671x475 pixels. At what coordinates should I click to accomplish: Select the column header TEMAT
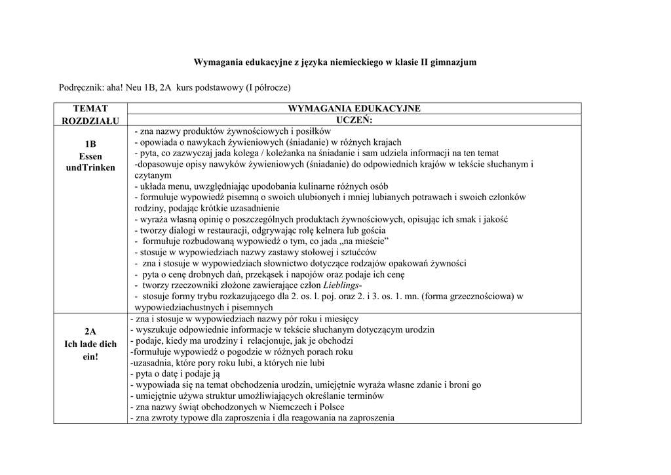pyautogui.click(x=90, y=108)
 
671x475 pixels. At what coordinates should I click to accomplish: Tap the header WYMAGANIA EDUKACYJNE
pyautogui.click(x=355, y=108)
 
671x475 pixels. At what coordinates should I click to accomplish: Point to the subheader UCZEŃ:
pyautogui.click(x=355, y=120)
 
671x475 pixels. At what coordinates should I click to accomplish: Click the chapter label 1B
pyautogui.click(x=90, y=144)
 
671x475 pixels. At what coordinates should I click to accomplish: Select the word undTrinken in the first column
pyautogui.click(x=90, y=167)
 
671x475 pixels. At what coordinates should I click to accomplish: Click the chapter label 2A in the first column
pyautogui.click(x=90, y=331)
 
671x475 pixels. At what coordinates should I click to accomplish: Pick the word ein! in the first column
pyautogui.click(x=90, y=356)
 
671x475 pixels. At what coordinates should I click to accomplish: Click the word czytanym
pyautogui.click(x=153, y=175)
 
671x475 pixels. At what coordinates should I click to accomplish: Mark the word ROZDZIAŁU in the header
pyautogui.click(x=90, y=121)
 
